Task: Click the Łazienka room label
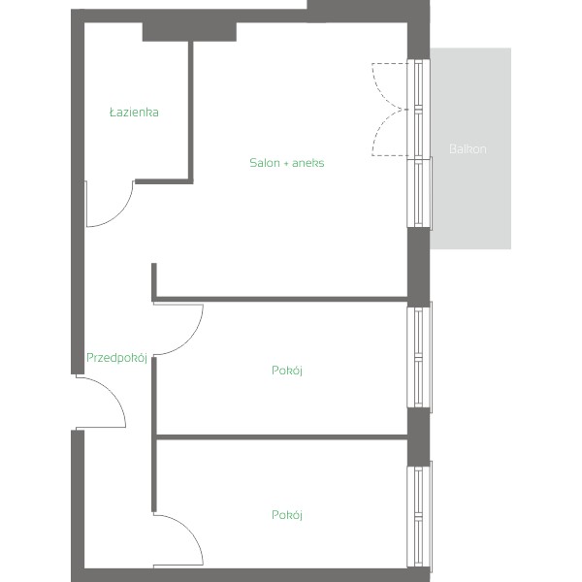click(x=134, y=113)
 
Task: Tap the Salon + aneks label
click(x=286, y=163)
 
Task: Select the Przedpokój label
click(x=116, y=357)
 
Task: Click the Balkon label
click(x=468, y=148)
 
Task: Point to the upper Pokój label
click(x=287, y=371)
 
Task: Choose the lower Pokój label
click(x=287, y=515)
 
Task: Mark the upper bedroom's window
click(x=419, y=357)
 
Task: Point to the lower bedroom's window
click(x=419, y=516)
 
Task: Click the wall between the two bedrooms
click(x=282, y=437)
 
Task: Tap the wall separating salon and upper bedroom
click(x=280, y=299)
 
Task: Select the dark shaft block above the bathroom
click(x=189, y=32)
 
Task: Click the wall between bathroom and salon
click(x=191, y=112)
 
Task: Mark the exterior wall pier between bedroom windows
click(x=419, y=436)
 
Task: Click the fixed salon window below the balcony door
click(x=419, y=192)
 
